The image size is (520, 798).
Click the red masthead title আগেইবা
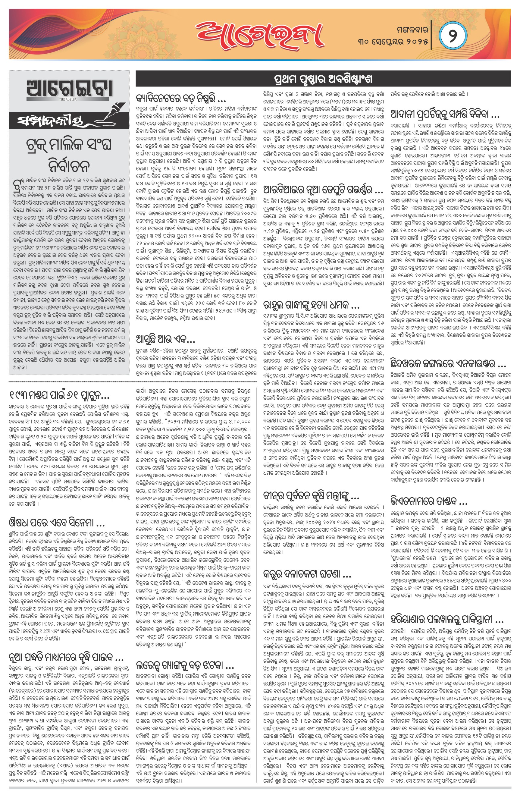coord(258,33)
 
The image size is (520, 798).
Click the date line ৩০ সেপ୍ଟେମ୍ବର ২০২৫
coord(393,41)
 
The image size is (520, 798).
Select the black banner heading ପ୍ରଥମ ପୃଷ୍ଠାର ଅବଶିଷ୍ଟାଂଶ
coord(323,80)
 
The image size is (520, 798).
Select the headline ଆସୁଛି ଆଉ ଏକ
coord(166,339)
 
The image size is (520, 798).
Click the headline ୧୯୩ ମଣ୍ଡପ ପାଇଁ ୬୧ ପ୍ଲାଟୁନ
coord(59,395)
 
